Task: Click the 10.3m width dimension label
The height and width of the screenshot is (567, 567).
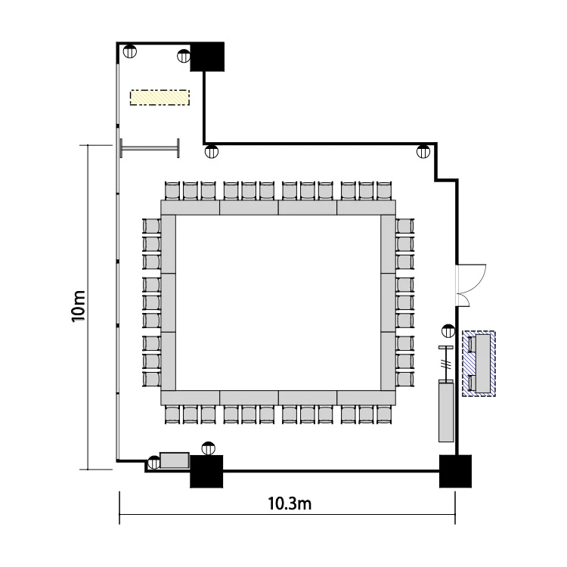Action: pos(290,503)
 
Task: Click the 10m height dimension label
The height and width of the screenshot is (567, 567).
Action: pos(79,306)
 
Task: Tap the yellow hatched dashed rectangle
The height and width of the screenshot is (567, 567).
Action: pos(160,98)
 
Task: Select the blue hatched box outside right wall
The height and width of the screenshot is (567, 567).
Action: pos(479,364)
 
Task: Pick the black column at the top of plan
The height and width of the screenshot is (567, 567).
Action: pos(207,57)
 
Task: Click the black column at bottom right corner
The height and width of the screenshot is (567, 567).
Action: pos(455,471)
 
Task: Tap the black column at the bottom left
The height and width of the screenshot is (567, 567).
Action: pos(206,471)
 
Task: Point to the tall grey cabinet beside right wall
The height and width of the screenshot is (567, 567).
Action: pos(446,411)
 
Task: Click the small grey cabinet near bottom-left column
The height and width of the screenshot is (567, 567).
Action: pos(175,460)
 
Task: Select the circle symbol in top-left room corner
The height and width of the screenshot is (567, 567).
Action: pos(130,51)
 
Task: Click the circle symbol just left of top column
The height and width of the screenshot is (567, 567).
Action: pos(184,56)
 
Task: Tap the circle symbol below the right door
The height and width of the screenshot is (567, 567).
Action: pos(448,330)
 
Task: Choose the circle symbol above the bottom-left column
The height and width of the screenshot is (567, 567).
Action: pos(208,448)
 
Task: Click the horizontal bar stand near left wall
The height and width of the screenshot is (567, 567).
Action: pos(150,148)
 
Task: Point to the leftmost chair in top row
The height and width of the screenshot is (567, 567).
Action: pos(172,191)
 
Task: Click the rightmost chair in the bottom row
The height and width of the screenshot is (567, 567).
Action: pos(384,414)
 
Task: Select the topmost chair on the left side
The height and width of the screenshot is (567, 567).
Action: pos(151,226)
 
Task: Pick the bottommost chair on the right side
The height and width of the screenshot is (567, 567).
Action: pos(404,379)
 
